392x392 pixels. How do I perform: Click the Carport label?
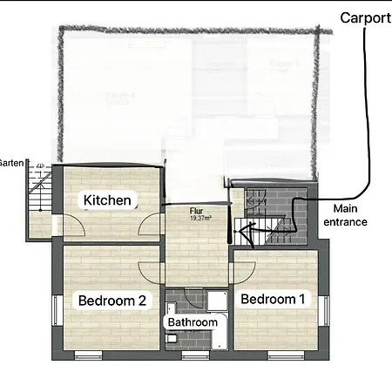[x=365, y=17]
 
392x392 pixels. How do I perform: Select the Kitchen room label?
[x=107, y=200]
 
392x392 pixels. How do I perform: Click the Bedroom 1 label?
[x=273, y=299]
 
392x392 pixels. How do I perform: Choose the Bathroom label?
[x=193, y=322]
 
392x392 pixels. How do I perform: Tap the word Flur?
[x=196, y=211]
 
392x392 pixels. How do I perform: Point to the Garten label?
[x=12, y=163]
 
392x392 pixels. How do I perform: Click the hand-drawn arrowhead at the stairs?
[x=244, y=233]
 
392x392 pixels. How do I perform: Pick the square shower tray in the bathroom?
[x=209, y=301]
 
